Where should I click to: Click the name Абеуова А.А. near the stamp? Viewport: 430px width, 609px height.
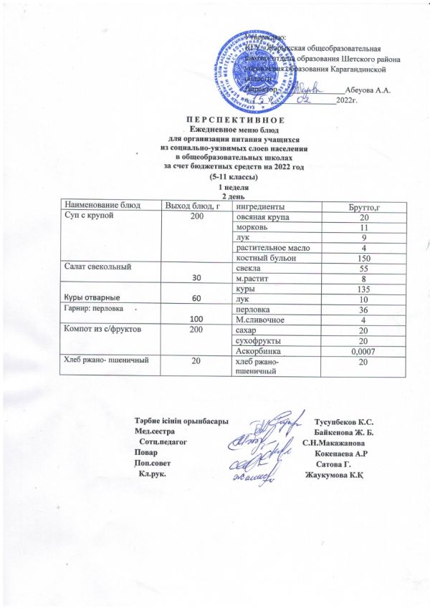366,90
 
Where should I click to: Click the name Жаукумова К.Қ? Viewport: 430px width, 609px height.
335,476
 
